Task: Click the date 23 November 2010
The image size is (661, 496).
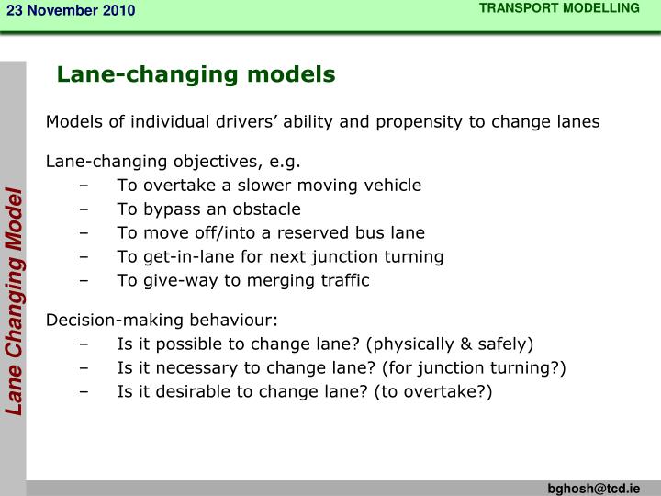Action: [71, 10]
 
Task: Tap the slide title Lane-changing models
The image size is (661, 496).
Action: [196, 73]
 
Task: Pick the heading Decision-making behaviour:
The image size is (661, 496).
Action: [162, 321]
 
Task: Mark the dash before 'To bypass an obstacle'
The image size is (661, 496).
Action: [85, 209]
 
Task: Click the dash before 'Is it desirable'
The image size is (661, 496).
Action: [85, 393]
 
